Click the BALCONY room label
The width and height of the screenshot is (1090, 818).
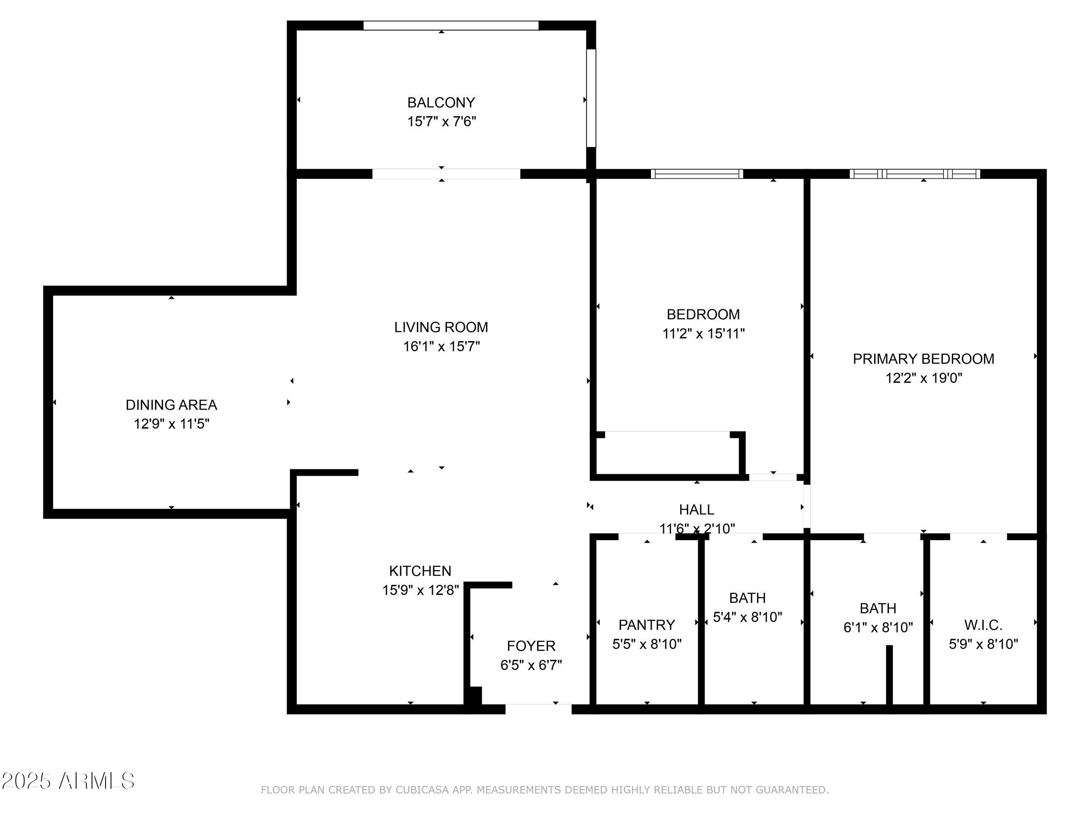point(441,103)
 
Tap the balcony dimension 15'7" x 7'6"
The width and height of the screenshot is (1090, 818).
point(442,121)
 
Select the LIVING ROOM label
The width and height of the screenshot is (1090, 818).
point(441,327)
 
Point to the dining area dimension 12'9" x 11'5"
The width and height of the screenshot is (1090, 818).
point(171,424)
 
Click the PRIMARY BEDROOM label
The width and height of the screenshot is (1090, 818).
point(923,359)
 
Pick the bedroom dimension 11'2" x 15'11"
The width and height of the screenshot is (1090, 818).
point(703,333)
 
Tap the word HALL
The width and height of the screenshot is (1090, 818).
point(696,509)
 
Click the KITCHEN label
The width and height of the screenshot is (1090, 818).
point(420,571)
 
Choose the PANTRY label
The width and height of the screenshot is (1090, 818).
point(647,625)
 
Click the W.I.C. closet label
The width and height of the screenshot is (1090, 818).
point(983,625)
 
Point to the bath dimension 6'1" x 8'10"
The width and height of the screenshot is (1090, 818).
point(878,627)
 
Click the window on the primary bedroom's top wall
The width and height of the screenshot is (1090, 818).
point(915,174)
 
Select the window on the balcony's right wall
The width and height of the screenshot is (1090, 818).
point(591,98)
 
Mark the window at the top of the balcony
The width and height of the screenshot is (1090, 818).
point(451,25)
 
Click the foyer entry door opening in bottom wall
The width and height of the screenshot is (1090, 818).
point(538,708)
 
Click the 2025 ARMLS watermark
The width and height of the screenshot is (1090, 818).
point(68,781)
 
